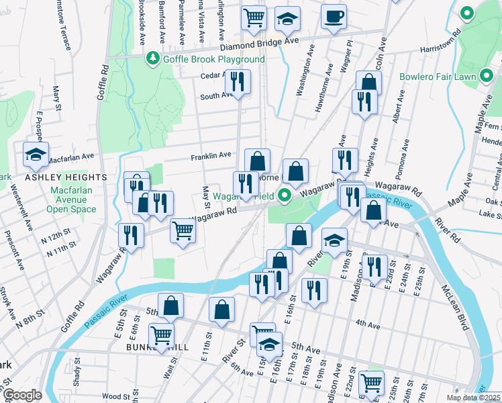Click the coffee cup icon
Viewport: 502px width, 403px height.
click(x=334, y=16)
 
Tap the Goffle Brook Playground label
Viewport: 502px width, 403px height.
click(x=213, y=59)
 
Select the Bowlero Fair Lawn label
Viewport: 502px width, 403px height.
click(x=438, y=77)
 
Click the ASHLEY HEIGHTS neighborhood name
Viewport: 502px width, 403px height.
click(x=66, y=177)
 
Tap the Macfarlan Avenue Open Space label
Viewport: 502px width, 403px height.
click(x=71, y=199)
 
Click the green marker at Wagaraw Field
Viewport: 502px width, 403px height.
click(x=285, y=197)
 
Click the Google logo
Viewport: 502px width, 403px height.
click(x=22, y=395)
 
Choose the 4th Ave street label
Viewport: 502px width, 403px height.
click(x=368, y=325)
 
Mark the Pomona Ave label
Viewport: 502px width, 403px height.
click(x=405, y=156)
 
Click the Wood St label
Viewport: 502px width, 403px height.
click(x=116, y=397)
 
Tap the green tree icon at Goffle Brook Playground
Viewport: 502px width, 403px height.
click(x=154, y=59)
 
